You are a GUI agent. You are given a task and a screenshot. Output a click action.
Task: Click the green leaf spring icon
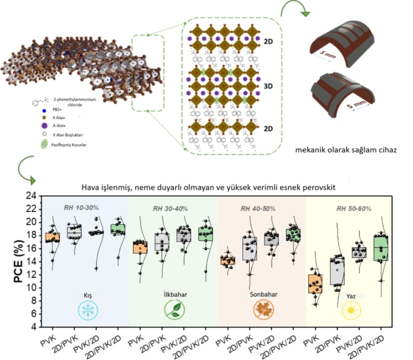(173, 311)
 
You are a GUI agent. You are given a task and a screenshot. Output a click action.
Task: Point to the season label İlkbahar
(173, 294)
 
